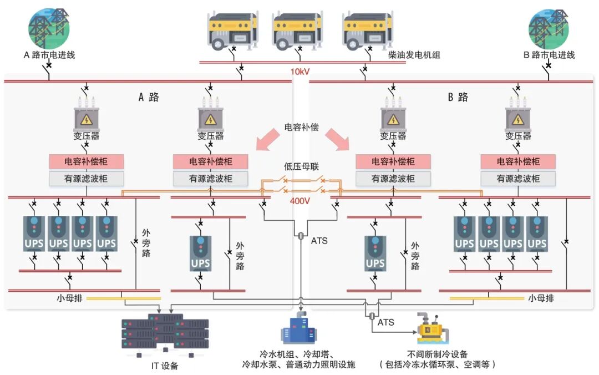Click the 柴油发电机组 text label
[x=414, y=55]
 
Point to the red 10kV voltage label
[x=301, y=72]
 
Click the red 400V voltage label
[x=300, y=201]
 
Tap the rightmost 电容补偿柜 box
[x=517, y=161]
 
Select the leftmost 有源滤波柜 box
[x=86, y=179]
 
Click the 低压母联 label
[x=301, y=166]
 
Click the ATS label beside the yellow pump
[x=386, y=322]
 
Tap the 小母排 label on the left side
[x=69, y=297]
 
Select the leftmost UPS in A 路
[x=34, y=234]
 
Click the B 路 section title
[x=458, y=97]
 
